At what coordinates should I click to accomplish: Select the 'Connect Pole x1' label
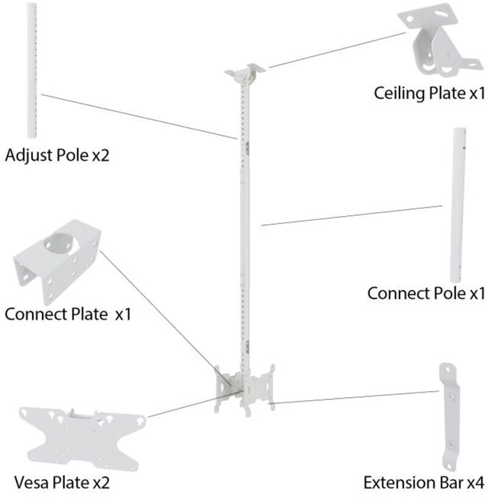[426, 293]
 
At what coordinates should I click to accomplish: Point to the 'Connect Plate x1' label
[68, 314]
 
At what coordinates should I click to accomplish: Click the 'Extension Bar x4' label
[425, 484]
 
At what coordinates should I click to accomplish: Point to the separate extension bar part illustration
[448, 414]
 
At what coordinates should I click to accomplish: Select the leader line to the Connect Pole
[351, 216]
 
